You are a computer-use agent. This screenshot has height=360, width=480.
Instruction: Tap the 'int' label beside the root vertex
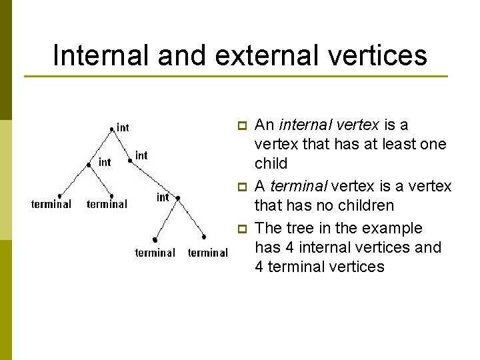click(x=123, y=127)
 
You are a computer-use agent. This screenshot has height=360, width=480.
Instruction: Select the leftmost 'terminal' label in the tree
click(x=51, y=204)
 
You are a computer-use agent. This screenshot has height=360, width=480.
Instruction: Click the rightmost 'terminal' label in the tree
click(x=208, y=253)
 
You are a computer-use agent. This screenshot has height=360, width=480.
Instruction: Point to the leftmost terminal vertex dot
click(x=59, y=195)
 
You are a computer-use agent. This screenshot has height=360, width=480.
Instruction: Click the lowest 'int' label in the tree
click(x=163, y=197)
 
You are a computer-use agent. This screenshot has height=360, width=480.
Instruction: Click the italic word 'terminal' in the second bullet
click(x=291, y=186)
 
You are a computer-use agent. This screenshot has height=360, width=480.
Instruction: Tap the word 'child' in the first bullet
click(x=271, y=163)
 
